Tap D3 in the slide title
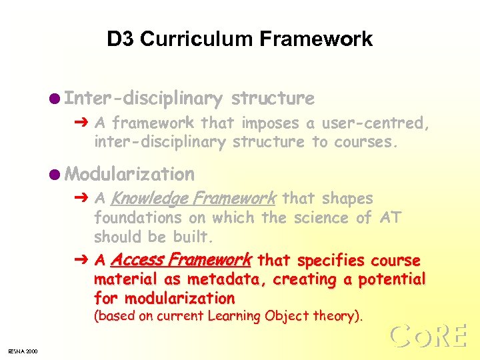[121, 39]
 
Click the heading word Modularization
[131, 175]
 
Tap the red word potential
[393, 279]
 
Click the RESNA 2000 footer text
[23, 351]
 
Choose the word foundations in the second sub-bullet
[138, 218]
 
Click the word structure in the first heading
[272, 99]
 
